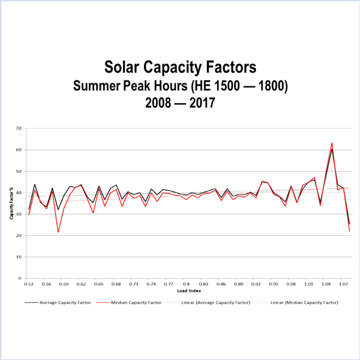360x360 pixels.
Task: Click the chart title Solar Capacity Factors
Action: point(180,67)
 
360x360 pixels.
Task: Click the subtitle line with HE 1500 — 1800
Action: point(180,85)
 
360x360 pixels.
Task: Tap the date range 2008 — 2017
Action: point(180,103)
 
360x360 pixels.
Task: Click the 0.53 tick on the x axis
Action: point(29,284)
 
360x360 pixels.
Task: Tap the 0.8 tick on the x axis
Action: point(187,284)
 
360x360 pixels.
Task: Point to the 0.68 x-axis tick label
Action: point(116,284)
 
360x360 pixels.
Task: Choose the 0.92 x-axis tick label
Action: point(256,284)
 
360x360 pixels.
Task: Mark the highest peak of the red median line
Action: point(332,143)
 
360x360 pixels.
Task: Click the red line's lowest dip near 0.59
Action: point(58,232)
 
